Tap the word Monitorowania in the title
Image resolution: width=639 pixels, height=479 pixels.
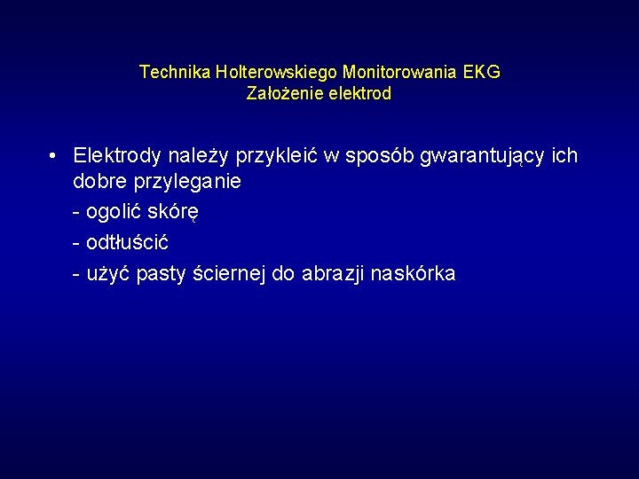(x=400, y=72)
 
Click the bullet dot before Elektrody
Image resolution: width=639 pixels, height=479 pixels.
(x=54, y=156)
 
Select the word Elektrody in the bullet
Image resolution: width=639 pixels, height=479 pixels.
(x=117, y=156)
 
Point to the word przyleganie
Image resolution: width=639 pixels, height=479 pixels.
(x=188, y=183)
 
